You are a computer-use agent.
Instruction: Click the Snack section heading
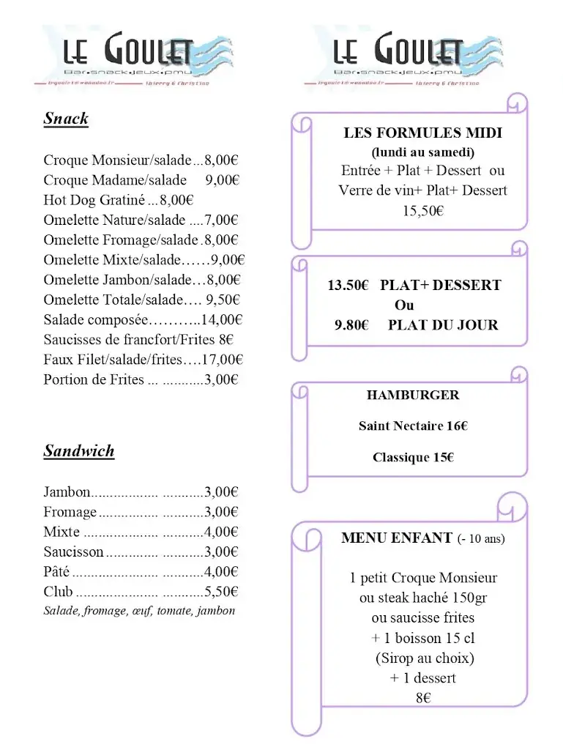(66, 119)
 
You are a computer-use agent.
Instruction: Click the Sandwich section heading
(79, 450)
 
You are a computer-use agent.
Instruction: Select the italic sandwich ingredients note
(139, 610)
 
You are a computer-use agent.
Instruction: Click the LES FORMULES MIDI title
(423, 133)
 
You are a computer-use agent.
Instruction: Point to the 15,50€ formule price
(422, 211)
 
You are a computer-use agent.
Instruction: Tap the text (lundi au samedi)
(422, 152)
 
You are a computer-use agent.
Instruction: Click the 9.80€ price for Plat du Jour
(351, 325)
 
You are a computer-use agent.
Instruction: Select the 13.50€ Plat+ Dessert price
(348, 286)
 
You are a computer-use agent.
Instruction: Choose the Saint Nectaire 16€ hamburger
(413, 426)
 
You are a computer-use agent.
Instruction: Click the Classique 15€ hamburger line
(413, 457)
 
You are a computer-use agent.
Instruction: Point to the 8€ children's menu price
(422, 698)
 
